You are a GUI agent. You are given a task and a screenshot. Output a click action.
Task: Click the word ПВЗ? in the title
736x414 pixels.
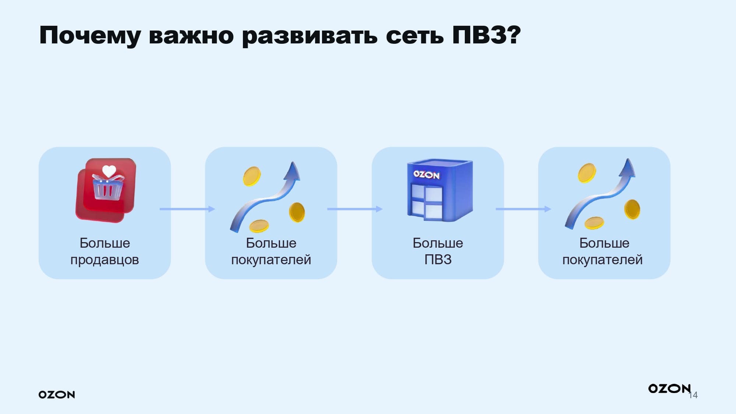point(486,35)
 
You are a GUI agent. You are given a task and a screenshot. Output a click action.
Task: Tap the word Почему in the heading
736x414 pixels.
point(90,36)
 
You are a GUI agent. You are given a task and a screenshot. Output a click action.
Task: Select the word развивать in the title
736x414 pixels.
point(309,36)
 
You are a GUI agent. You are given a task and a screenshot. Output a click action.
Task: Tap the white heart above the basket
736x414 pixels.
point(109,171)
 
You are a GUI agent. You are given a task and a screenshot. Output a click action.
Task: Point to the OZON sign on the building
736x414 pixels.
point(426,174)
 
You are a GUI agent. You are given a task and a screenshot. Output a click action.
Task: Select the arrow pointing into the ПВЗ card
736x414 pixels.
point(354,209)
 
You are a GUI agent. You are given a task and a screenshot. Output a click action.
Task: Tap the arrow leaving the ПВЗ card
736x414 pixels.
point(523,209)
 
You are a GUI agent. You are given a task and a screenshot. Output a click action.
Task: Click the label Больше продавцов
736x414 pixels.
point(105,251)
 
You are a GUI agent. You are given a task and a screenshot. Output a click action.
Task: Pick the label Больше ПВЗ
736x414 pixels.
point(438,251)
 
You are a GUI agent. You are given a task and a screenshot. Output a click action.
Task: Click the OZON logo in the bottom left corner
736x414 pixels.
point(57,394)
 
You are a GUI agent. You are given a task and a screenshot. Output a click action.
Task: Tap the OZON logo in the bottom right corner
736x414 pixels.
point(669,389)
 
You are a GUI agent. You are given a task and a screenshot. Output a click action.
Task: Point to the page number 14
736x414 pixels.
point(694,395)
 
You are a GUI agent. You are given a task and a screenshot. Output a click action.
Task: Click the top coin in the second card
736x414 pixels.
point(252,176)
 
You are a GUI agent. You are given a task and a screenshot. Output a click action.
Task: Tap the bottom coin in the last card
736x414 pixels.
point(594,223)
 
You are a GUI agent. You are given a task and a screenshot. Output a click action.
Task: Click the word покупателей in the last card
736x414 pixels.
point(602,260)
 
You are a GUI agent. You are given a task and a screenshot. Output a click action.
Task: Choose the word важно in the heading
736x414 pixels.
point(191,36)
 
